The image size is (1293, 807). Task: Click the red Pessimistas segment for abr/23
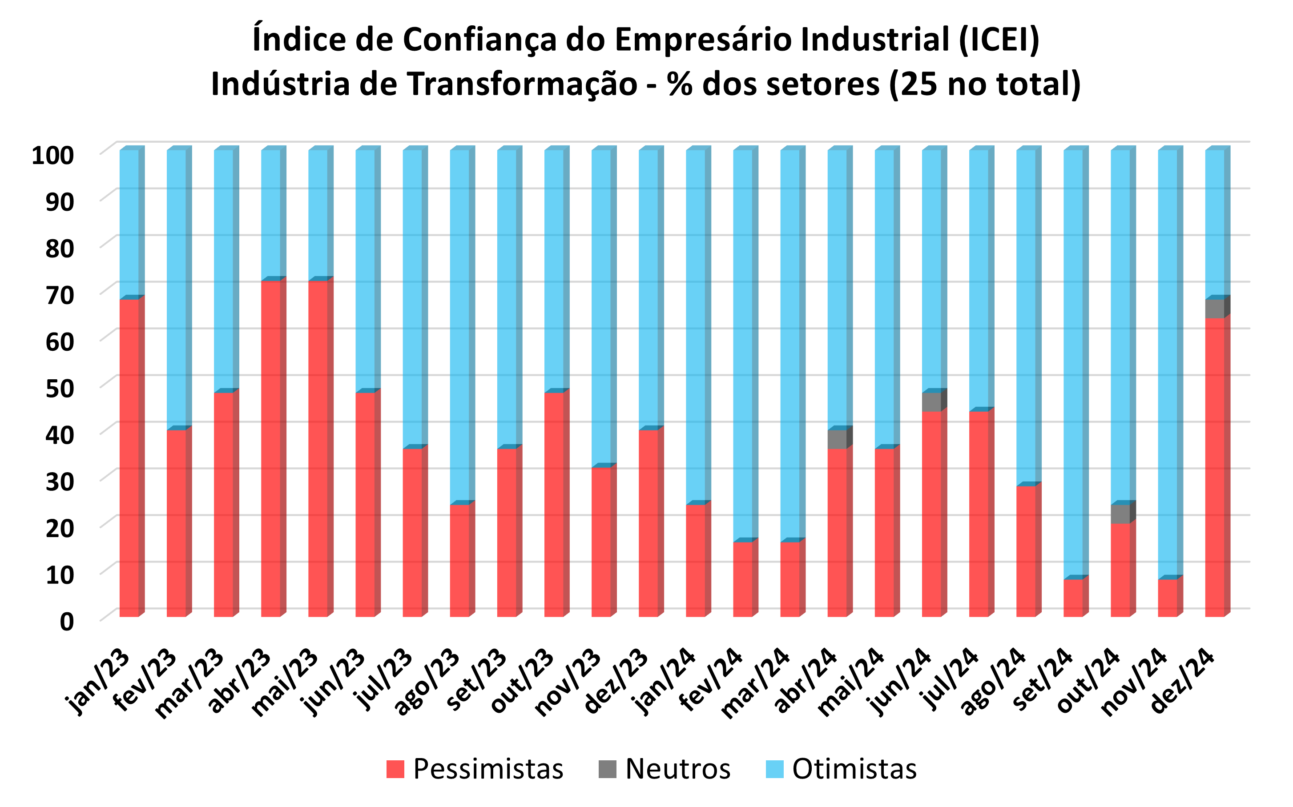271,448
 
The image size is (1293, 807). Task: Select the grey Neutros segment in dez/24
1215,309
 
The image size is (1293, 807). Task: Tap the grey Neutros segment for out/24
1120,514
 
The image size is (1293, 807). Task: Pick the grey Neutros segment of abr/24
837,439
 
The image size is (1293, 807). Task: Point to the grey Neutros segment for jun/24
931,401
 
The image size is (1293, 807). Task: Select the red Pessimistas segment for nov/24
1168,598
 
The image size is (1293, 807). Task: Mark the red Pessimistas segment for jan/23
129,458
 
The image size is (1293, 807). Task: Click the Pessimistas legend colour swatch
395,769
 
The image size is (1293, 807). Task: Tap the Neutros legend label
677,769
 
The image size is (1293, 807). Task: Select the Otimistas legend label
854,769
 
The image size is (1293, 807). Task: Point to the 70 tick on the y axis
60,295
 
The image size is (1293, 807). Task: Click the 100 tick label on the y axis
52,155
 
